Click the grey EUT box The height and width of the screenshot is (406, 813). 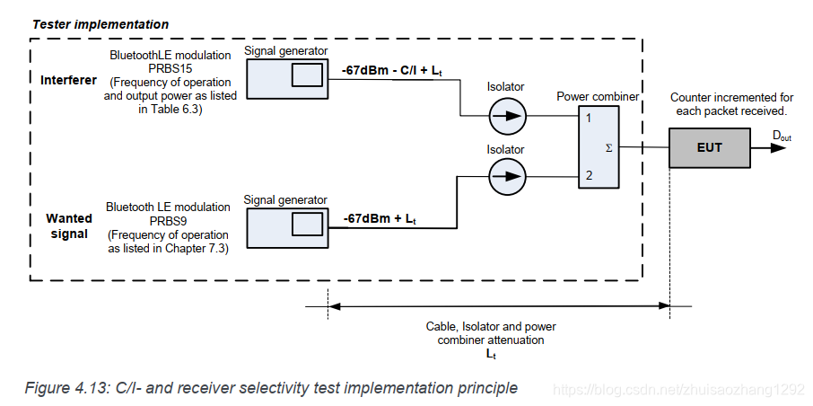709,146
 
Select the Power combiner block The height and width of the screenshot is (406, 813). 597,146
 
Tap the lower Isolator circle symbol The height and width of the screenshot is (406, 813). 508,179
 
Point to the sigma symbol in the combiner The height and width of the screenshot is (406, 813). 608,146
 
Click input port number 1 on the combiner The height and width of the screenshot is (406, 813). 589,118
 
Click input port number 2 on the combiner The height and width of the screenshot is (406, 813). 589,175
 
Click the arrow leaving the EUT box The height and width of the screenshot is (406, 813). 769,147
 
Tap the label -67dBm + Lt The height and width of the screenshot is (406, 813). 380,218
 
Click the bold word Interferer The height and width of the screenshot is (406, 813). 68,79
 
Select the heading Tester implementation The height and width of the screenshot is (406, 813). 101,23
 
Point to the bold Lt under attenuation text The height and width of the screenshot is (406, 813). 491,354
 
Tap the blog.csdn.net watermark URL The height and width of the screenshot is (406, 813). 679,389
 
